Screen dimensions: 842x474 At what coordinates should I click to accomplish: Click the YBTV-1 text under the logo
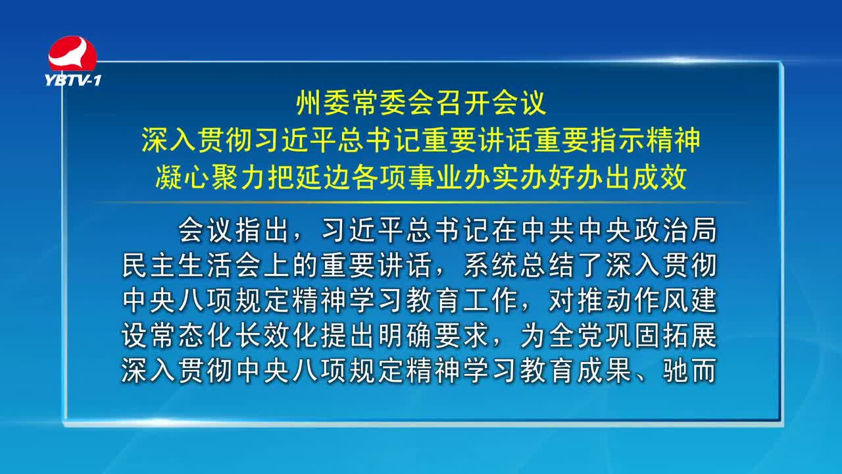[73, 80]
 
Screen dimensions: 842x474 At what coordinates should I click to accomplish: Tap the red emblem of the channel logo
[72, 53]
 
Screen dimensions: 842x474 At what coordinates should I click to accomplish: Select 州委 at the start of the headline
[323, 103]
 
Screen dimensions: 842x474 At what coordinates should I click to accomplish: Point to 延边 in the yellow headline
[323, 177]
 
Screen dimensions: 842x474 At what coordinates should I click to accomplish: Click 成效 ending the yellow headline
[660, 177]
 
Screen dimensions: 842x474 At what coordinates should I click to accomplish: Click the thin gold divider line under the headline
[421, 203]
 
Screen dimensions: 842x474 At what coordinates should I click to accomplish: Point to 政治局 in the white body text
[676, 230]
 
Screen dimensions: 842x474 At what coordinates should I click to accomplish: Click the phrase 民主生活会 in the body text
[191, 265]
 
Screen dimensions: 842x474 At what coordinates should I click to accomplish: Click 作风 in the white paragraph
[661, 300]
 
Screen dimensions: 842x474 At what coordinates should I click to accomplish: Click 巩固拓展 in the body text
[661, 335]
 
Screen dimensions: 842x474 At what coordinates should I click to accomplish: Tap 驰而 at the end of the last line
[690, 371]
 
